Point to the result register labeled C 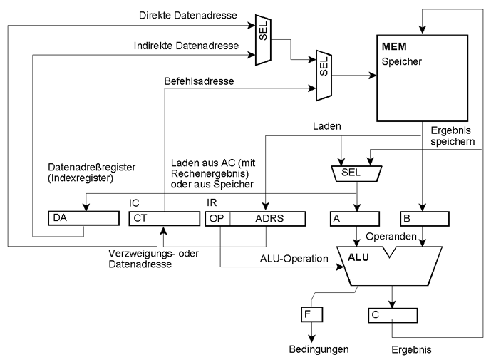coord(392,313)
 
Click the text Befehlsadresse coord(200,82)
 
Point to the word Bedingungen coord(319,350)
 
